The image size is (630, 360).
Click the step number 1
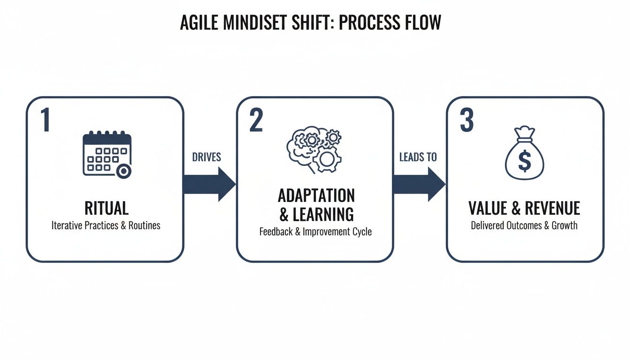[x=46, y=120]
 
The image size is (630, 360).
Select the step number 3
[x=467, y=120]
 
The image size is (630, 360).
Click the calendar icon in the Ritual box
[x=107, y=154]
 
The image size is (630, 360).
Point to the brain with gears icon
[x=314, y=150]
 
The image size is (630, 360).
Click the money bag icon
[x=525, y=153]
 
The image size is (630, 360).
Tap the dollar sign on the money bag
[x=525, y=161]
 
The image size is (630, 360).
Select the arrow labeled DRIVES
[x=210, y=184]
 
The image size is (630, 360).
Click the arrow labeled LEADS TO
[x=420, y=184]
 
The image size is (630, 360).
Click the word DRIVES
[x=206, y=157]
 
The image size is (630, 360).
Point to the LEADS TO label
[x=418, y=157]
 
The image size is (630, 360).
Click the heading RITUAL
[x=106, y=208]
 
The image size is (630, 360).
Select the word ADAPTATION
[x=316, y=195]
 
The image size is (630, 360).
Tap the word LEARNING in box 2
[x=323, y=214]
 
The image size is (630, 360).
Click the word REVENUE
[x=552, y=208]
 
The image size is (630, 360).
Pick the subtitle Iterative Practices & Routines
[x=106, y=225]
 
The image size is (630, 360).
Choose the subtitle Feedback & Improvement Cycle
[x=315, y=232]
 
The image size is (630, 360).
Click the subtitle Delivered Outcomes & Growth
[x=524, y=225]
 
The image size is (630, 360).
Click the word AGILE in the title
[x=199, y=22]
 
